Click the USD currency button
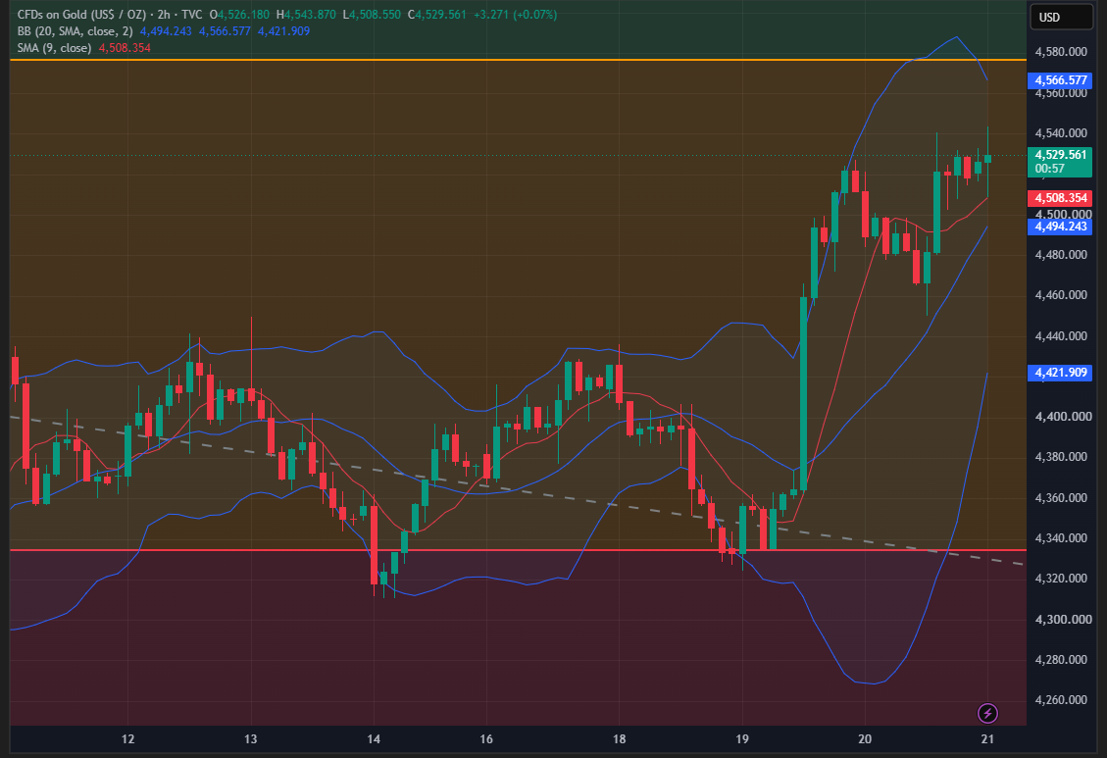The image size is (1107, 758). [x=1061, y=17]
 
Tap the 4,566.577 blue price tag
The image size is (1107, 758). [x=1060, y=80]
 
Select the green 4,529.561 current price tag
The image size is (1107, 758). [x=1060, y=162]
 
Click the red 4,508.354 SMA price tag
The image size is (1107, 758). [x=1060, y=198]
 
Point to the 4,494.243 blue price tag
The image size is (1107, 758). [x=1060, y=227]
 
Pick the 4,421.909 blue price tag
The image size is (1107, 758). [x=1060, y=372]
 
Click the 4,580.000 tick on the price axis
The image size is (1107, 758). [x=1060, y=52]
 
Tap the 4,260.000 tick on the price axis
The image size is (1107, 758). [x=1060, y=700]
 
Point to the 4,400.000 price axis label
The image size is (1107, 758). [x=1060, y=417]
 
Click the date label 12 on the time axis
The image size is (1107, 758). [x=127, y=739]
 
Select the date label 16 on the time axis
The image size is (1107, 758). [x=486, y=739]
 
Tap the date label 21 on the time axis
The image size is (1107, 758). [x=987, y=739]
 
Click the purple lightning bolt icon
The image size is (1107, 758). [x=987, y=714]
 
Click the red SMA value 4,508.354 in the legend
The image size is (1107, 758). [x=125, y=48]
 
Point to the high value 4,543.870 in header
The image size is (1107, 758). [x=310, y=14]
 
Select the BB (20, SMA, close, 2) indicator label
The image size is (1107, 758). [x=75, y=31]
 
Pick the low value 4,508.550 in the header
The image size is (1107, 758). [x=377, y=14]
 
